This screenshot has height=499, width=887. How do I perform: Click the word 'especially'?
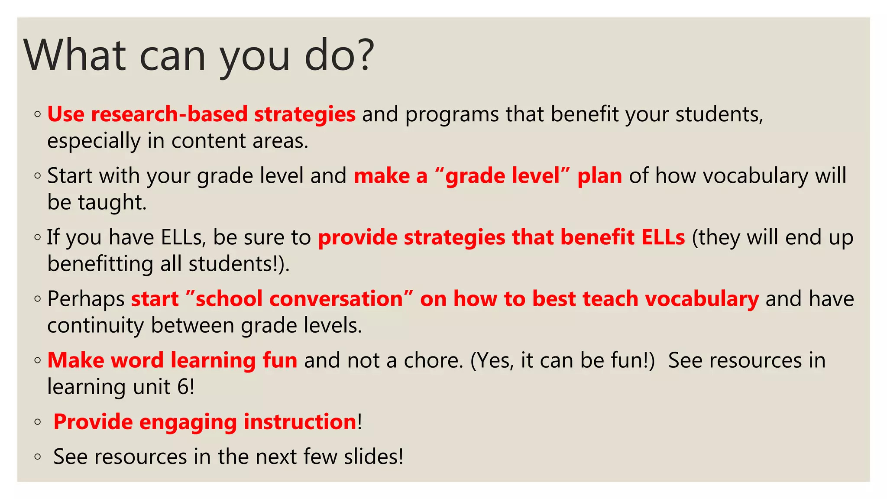tap(94, 142)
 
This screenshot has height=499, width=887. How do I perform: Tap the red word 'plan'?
tap(599, 176)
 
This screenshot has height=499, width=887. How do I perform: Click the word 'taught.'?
tap(112, 203)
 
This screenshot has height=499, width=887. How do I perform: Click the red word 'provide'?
tap(357, 237)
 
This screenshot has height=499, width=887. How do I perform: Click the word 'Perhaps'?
tap(86, 299)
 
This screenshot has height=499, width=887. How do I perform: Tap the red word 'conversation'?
tap(299, 299)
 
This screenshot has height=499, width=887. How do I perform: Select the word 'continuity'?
tap(95, 325)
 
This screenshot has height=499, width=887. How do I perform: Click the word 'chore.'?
tap(434, 360)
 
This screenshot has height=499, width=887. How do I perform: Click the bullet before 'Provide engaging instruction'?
tap(38, 422)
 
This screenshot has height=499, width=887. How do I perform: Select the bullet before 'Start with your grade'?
tap(38, 176)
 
